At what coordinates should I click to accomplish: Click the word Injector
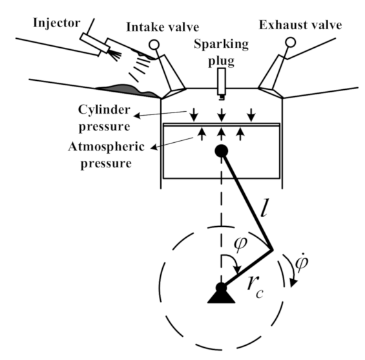pos(57,23)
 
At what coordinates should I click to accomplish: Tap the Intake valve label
pos(163,27)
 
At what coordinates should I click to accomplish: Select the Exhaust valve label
pos(300,25)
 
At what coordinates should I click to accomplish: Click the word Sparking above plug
pos(221,44)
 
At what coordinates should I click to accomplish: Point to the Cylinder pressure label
pos(104,118)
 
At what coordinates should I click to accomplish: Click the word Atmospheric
pos(106,147)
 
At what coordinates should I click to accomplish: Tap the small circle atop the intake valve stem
pos(154,45)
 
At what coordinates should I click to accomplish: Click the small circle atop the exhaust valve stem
pos(290,43)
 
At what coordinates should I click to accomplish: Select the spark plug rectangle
pos(222,81)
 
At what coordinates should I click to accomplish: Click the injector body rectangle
pos(95,43)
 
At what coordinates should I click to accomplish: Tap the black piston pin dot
pos(222,151)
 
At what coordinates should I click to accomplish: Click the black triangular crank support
pos(221,297)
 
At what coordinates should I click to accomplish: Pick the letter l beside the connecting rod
pos(264,207)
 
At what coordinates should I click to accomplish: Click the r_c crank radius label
pos(255,288)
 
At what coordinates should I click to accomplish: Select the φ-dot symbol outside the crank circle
pos(302,262)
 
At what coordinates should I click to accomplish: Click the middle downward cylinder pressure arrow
pos(222,115)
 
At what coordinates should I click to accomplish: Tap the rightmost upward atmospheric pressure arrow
pos(240,134)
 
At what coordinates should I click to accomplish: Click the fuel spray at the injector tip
pos(116,55)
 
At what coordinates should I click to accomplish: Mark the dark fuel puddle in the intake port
pos(127,90)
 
